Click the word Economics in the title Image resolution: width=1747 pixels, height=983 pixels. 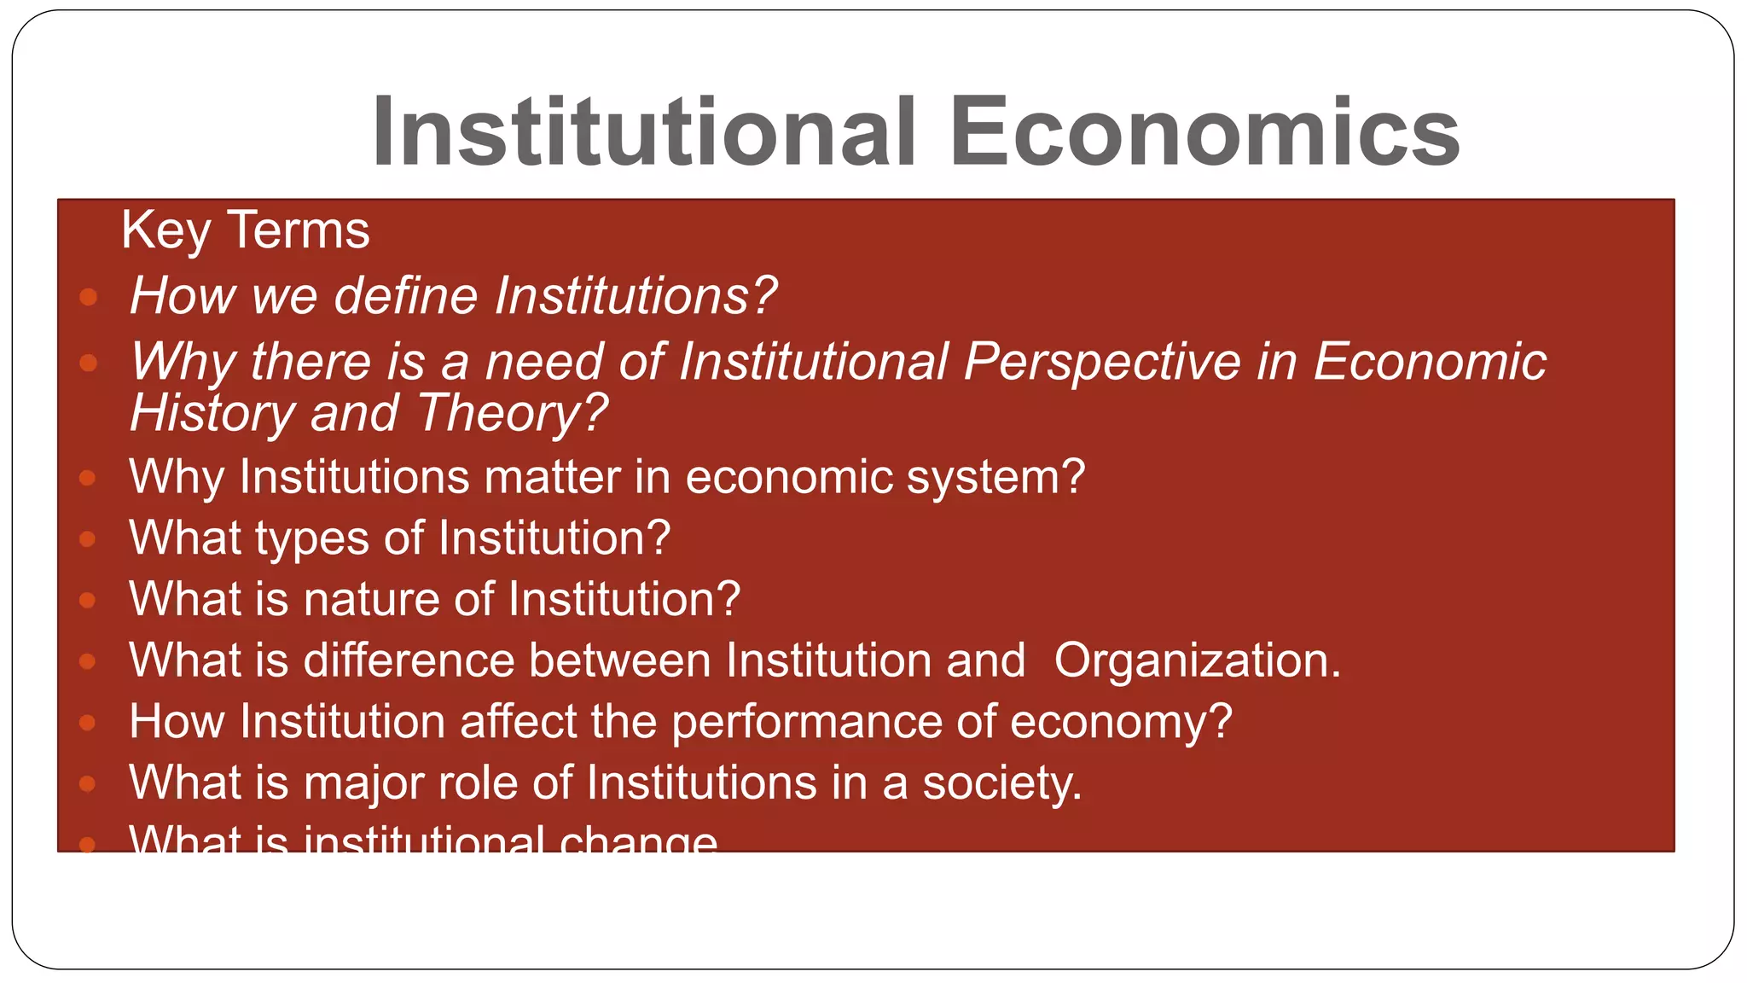pyautogui.click(x=1204, y=132)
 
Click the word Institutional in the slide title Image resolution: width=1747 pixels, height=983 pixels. pyautogui.click(x=645, y=132)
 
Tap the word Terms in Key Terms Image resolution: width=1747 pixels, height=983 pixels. pyautogui.click(x=299, y=230)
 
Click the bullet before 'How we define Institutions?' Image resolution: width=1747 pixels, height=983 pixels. pyautogui.click(x=88, y=297)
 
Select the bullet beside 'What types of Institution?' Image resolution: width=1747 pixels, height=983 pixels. pyautogui.click(x=87, y=539)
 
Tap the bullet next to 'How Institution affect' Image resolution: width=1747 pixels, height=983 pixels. pyautogui.click(x=87, y=723)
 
